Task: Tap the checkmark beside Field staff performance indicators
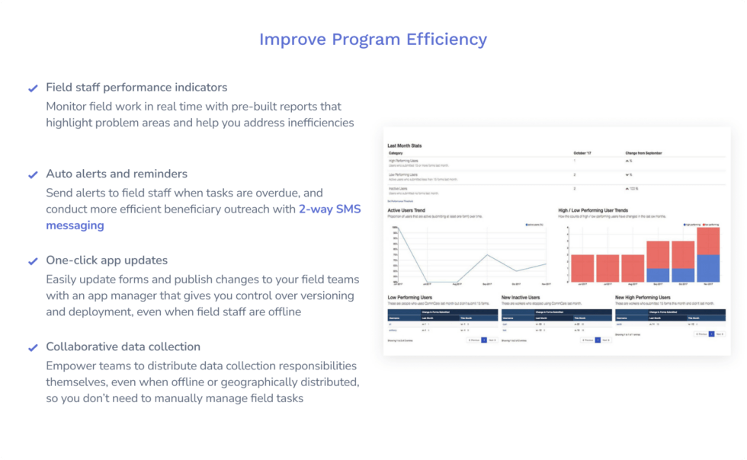[x=33, y=88]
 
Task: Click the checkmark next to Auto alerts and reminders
[x=33, y=174]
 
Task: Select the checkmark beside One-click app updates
[x=33, y=261]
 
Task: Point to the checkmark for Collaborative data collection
[x=33, y=347]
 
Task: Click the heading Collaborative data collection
[x=123, y=347]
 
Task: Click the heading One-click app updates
[x=107, y=260]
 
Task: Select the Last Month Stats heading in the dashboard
[x=405, y=145]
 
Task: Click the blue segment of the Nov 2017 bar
[x=708, y=268]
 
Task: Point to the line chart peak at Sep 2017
[x=486, y=255]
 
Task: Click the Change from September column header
[x=645, y=153]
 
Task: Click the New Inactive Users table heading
[x=521, y=297]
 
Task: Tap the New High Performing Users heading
[x=643, y=297]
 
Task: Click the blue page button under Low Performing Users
[x=484, y=340]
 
